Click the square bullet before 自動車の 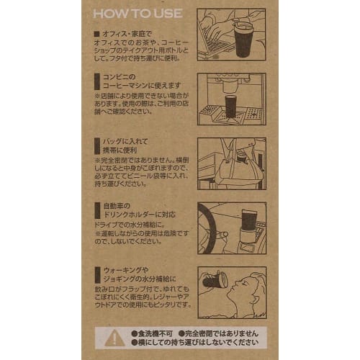97,206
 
